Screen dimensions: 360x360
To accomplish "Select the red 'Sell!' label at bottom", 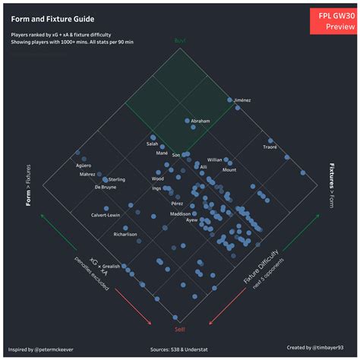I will [180, 328].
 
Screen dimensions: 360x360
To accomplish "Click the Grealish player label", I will [111, 267].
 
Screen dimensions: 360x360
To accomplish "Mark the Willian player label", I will [214, 160].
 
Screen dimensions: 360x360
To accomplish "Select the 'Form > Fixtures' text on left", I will [28, 187].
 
